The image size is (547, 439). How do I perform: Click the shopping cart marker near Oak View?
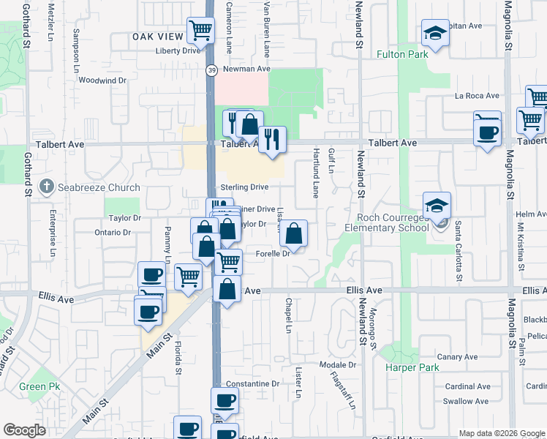point(200,31)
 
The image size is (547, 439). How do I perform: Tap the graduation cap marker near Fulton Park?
point(434,33)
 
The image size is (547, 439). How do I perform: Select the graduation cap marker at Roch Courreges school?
point(436,206)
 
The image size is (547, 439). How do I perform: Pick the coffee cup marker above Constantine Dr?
point(225,400)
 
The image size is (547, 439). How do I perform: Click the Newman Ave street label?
point(247,69)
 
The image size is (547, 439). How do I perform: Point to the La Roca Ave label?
point(477,96)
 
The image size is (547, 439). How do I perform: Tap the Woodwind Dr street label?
point(102,80)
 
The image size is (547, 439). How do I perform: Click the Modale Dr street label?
point(338,364)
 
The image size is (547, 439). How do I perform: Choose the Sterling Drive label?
point(244,187)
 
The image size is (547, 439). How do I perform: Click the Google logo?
point(25,430)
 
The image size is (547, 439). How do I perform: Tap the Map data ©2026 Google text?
point(501,433)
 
